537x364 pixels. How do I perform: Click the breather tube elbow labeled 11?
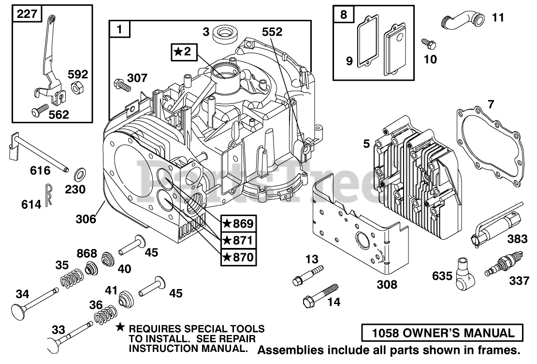click(461, 21)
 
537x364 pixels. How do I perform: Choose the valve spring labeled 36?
click(106, 316)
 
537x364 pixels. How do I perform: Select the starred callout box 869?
click(238, 224)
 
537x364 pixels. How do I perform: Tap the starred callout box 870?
click(238, 257)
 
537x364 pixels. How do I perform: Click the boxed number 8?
click(343, 15)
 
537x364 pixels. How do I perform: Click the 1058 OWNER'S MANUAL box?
click(443, 333)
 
